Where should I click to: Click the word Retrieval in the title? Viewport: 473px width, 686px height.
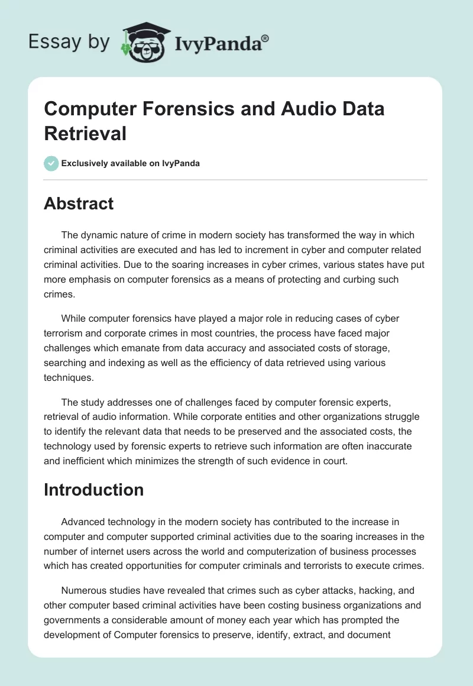pyautogui.click(x=85, y=133)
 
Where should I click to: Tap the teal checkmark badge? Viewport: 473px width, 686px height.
pyautogui.click(x=51, y=163)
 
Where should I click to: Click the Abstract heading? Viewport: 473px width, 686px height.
pyautogui.click(x=79, y=203)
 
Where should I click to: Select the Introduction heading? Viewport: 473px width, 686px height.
pyautogui.click(x=93, y=490)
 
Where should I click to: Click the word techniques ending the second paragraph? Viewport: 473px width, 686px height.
pyautogui.click(x=67, y=377)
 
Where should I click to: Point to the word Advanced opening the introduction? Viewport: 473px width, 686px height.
pyautogui.click(x=82, y=522)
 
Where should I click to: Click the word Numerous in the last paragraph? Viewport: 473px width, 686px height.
pyautogui.click(x=83, y=594)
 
